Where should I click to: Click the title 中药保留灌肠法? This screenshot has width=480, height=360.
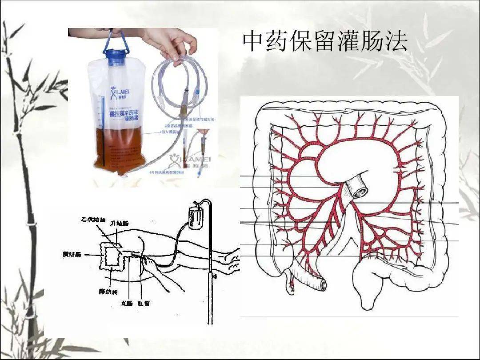325,42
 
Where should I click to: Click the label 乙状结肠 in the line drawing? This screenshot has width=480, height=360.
93,220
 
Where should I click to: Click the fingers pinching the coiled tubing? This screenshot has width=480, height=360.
178,56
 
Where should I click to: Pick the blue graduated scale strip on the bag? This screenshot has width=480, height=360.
104,129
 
